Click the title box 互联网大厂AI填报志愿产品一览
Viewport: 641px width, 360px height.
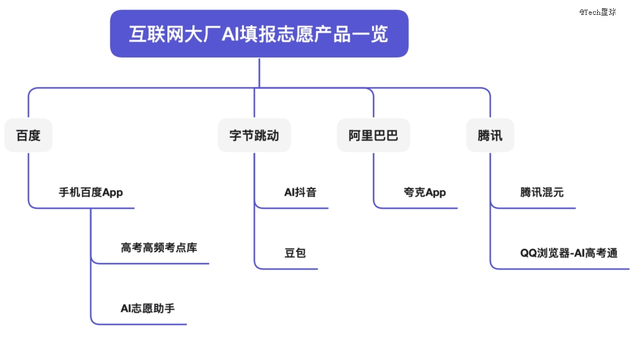259,33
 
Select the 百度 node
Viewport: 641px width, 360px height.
28,135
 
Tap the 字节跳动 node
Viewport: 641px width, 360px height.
254,135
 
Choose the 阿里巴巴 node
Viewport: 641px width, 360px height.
373,135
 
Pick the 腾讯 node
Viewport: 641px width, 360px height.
490,135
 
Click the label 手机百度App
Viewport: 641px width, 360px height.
91,192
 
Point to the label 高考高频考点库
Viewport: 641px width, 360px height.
159,247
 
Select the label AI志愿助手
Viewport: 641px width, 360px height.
148,308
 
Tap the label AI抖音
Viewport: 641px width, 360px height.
300,192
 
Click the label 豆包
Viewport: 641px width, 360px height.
295,253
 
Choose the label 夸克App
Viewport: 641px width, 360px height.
425,192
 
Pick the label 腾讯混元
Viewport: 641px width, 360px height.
542,192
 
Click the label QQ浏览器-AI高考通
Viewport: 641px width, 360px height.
569,253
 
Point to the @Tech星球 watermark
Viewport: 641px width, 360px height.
598,12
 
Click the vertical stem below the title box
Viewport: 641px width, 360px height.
259,73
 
